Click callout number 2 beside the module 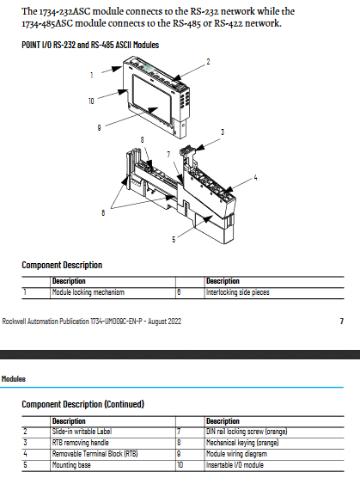click(208, 62)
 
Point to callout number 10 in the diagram click(91, 101)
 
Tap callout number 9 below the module click(99, 128)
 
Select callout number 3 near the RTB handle click(223, 132)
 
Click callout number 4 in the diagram click(255, 177)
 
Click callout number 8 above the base click(143, 140)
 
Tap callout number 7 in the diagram click(168, 155)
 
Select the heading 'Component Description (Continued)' click(82, 404)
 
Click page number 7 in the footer click(342, 321)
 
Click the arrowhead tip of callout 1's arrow click(123, 66)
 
